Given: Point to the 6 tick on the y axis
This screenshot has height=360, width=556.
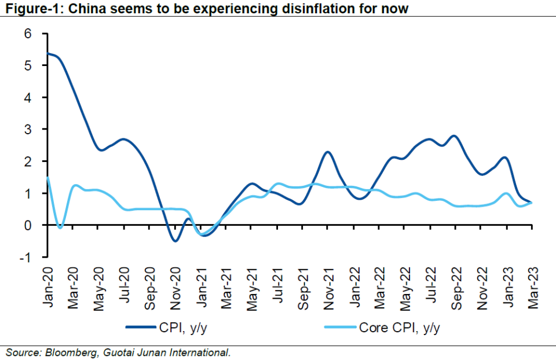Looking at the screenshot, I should click(27, 34).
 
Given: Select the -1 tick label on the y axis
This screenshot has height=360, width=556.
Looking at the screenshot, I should click(24, 256).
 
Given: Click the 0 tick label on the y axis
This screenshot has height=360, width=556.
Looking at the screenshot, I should click(27, 225).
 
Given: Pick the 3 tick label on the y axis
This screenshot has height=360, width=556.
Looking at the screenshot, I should click(27, 129).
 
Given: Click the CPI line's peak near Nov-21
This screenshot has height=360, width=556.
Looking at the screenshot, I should click(327, 152).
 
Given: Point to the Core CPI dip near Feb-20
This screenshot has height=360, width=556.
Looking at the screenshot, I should click(60, 227).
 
